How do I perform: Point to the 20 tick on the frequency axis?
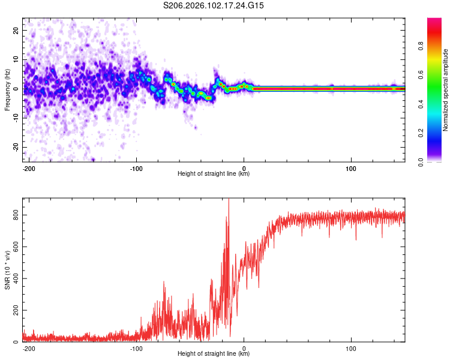(x=16, y=30)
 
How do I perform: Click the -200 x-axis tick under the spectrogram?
(x=29, y=167)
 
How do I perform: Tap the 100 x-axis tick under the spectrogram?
(x=351, y=167)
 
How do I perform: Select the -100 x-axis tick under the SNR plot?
(x=136, y=347)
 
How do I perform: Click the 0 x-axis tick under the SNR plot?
(x=244, y=347)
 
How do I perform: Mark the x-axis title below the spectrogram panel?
(x=214, y=174)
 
